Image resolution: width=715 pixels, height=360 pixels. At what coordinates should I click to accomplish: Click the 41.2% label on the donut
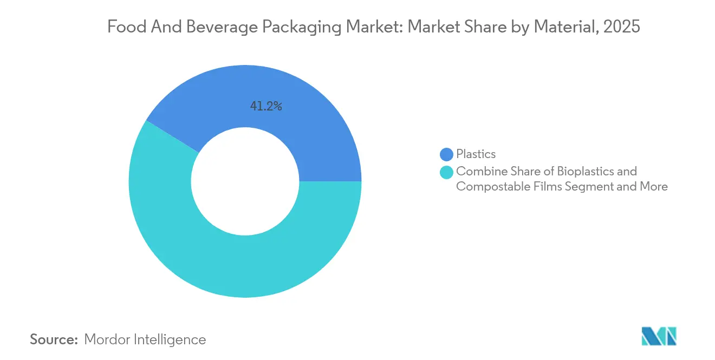click(x=265, y=107)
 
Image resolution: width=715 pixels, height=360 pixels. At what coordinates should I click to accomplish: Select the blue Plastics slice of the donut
click(x=303, y=125)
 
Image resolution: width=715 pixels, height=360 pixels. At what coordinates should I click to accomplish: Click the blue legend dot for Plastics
click(x=447, y=154)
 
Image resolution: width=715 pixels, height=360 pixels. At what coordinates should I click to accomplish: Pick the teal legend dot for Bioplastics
click(x=447, y=172)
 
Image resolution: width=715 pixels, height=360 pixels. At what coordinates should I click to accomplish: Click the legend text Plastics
click(x=476, y=154)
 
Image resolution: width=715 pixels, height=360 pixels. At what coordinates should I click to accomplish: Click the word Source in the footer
click(x=54, y=339)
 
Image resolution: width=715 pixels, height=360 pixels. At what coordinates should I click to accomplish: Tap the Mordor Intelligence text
click(x=145, y=339)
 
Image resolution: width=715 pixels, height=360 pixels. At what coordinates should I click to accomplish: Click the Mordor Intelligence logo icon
click(x=659, y=336)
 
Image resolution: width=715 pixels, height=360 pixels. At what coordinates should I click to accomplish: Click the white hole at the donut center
click(x=245, y=181)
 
